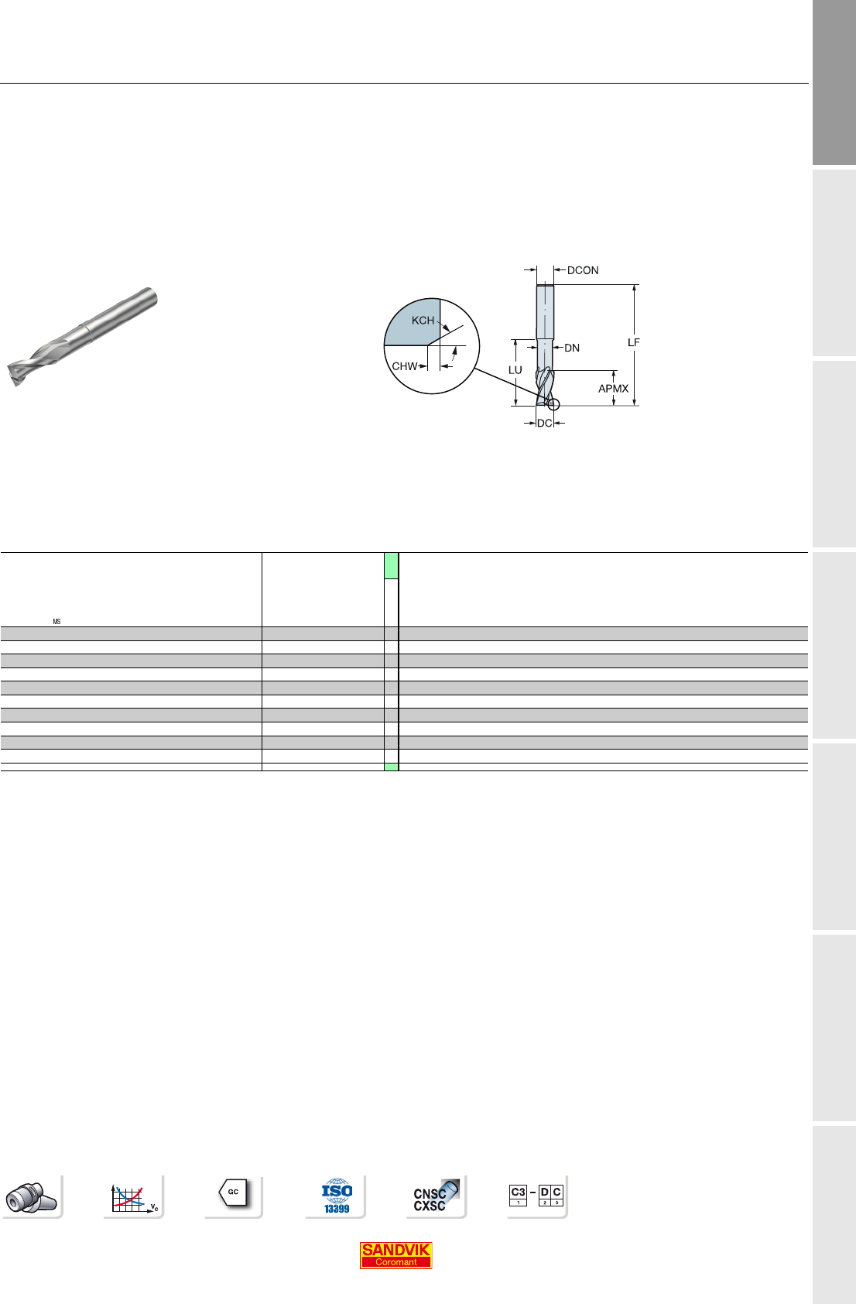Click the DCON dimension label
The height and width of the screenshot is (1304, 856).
(x=583, y=270)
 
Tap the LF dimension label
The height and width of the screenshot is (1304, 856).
(x=634, y=342)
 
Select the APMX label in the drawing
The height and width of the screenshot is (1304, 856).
(x=613, y=388)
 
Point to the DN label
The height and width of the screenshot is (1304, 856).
(x=572, y=348)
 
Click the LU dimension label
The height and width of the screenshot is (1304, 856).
(x=515, y=369)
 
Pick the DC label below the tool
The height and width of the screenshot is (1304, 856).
(x=544, y=424)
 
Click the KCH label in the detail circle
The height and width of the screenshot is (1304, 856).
(x=423, y=320)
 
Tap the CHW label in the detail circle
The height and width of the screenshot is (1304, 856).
(x=405, y=366)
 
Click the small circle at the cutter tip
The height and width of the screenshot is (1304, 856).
(x=554, y=404)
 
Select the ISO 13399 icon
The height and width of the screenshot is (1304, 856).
(x=337, y=1196)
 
